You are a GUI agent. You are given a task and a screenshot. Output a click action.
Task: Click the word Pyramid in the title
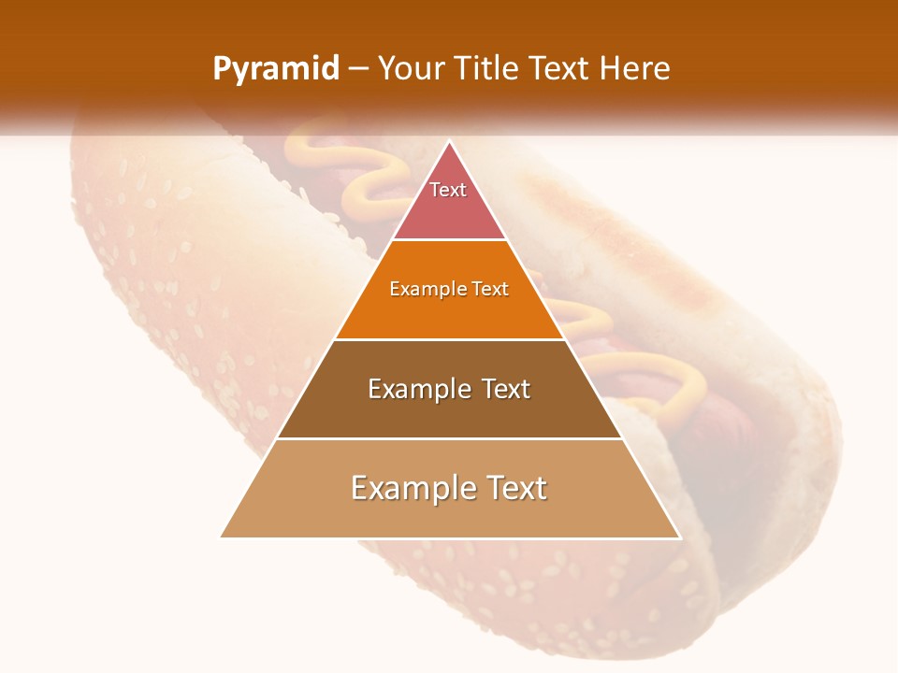(x=276, y=68)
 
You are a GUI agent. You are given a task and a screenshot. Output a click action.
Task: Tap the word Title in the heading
(x=487, y=68)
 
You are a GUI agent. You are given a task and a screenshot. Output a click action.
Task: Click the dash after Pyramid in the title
(x=358, y=69)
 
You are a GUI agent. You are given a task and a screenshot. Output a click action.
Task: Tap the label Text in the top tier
(x=448, y=190)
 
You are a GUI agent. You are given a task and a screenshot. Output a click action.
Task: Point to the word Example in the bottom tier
(x=413, y=488)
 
